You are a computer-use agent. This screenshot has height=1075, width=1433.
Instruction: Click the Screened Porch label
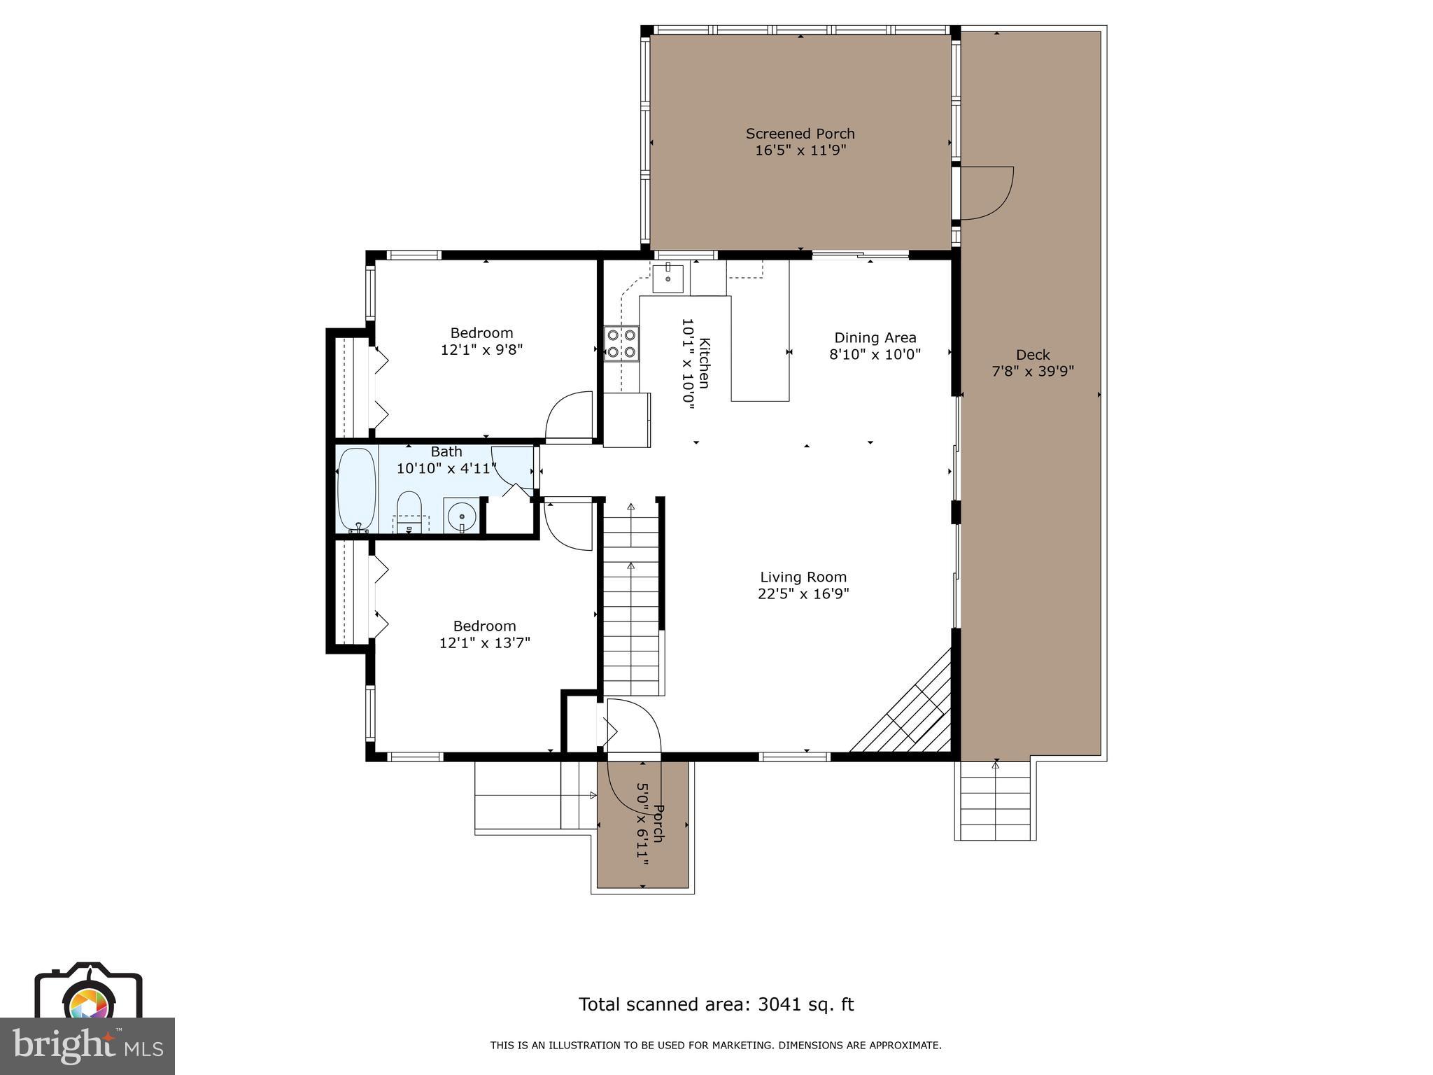[800, 134]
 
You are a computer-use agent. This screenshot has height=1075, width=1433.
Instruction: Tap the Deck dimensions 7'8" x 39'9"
[1033, 372]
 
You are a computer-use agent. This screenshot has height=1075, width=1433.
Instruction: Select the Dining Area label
[875, 338]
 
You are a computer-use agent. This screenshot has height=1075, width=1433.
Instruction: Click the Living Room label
[803, 577]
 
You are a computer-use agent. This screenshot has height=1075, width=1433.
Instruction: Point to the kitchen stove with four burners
[621, 344]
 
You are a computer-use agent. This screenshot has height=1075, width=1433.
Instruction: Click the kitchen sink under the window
[668, 278]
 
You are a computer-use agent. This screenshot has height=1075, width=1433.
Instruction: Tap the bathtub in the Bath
[357, 490]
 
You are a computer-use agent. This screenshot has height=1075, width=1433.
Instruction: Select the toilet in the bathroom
[409, 511]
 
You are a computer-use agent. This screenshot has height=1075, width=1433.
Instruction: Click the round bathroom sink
[462, 517]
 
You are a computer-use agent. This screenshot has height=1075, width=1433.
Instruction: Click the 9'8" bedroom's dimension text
[481, 350]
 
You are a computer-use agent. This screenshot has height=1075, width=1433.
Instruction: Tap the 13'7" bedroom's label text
[484, 626]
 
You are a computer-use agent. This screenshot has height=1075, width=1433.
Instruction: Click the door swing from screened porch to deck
[985, 193]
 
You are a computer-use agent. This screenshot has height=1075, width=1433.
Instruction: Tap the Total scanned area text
[716, 1004]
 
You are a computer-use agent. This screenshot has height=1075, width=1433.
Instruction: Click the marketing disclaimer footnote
[715, 1046]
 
